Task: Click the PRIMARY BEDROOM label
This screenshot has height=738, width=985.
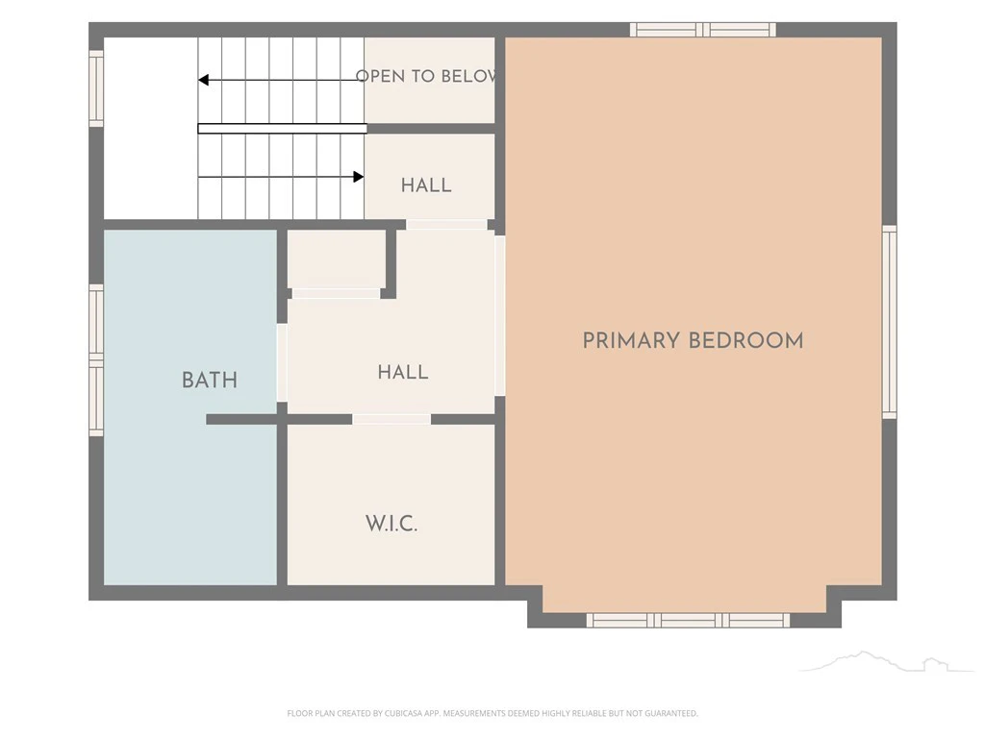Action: tap(693, 341)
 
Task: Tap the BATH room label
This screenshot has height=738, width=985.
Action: tap(209, 381)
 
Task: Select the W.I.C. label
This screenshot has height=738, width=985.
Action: tap(391, 524)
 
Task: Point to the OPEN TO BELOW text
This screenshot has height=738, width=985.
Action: tap(426, 76)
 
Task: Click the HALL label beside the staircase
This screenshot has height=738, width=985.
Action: tap(426, 185)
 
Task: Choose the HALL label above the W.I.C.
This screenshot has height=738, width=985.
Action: tap(403, 372)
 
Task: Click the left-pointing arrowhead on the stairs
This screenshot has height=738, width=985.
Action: tap(203, 80)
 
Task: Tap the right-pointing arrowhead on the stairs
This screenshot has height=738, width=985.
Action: tap(359, 177)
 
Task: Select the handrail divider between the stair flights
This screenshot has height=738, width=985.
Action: tap(283, 129)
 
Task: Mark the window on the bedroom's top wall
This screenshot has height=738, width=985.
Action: tap(703, 30)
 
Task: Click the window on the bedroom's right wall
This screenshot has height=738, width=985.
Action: tap(890, 322)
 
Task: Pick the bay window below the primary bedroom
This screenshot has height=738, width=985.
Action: tap(688, 620)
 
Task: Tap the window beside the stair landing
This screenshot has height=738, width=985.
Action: tap(95, 88)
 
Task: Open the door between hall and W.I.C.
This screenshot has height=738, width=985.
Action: tap(391, 419)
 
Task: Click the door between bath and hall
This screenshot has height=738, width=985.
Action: tap(282, 362)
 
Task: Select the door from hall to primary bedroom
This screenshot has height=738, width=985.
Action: tap(500, 315)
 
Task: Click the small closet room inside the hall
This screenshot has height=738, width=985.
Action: tap(336, 259)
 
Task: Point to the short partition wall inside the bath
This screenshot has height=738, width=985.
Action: tap(241, 419)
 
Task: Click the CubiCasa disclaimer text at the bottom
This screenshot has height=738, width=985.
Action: tap(492, 713)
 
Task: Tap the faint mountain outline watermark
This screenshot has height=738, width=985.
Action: tap(886, 661)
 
